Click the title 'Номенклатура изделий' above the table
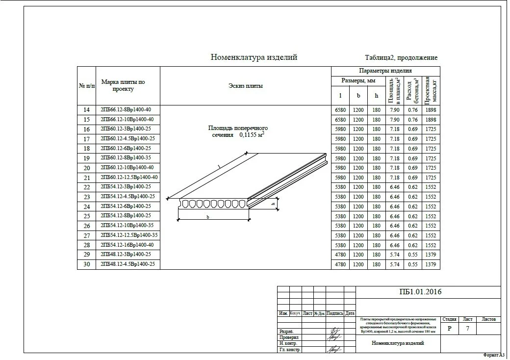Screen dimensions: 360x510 pyautogui.click(x=254, y=57)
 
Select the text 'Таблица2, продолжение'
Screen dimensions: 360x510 pyautogui.click(x=401, y=58)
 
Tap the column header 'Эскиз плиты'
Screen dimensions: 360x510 pyautogui.click(x=245, y=86)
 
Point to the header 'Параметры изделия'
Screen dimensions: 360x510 pyautogui.click(x=385, y=71)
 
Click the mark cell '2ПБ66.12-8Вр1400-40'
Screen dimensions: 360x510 pyautogui.click(x=127, y=109)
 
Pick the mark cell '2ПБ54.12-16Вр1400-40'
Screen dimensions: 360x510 pyautogui.click(x=127, y=245)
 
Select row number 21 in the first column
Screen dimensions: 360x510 pyautogui.click(x=86, y=178)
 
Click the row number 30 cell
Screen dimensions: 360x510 pyautogui.click(x=86, y=264)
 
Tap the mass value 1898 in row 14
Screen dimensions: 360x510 pyautogui.click(x=431, y=110)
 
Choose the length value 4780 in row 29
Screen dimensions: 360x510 pyautogui.click(x=340, y=255)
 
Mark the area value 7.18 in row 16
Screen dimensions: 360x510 pyautogui.click(x=394, y=129)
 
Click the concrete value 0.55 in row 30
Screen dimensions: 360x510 pyautogui.click(x=413, y=264)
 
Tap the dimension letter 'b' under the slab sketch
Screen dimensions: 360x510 pyautogui.click(x=207, y=217)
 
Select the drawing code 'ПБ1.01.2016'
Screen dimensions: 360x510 pyautogui.click(x=421, y=292)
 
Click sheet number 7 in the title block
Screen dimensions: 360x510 pyautogui.click(x=468, y=328)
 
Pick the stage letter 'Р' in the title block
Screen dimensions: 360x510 pyautogui.click(x=450, y=328)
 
